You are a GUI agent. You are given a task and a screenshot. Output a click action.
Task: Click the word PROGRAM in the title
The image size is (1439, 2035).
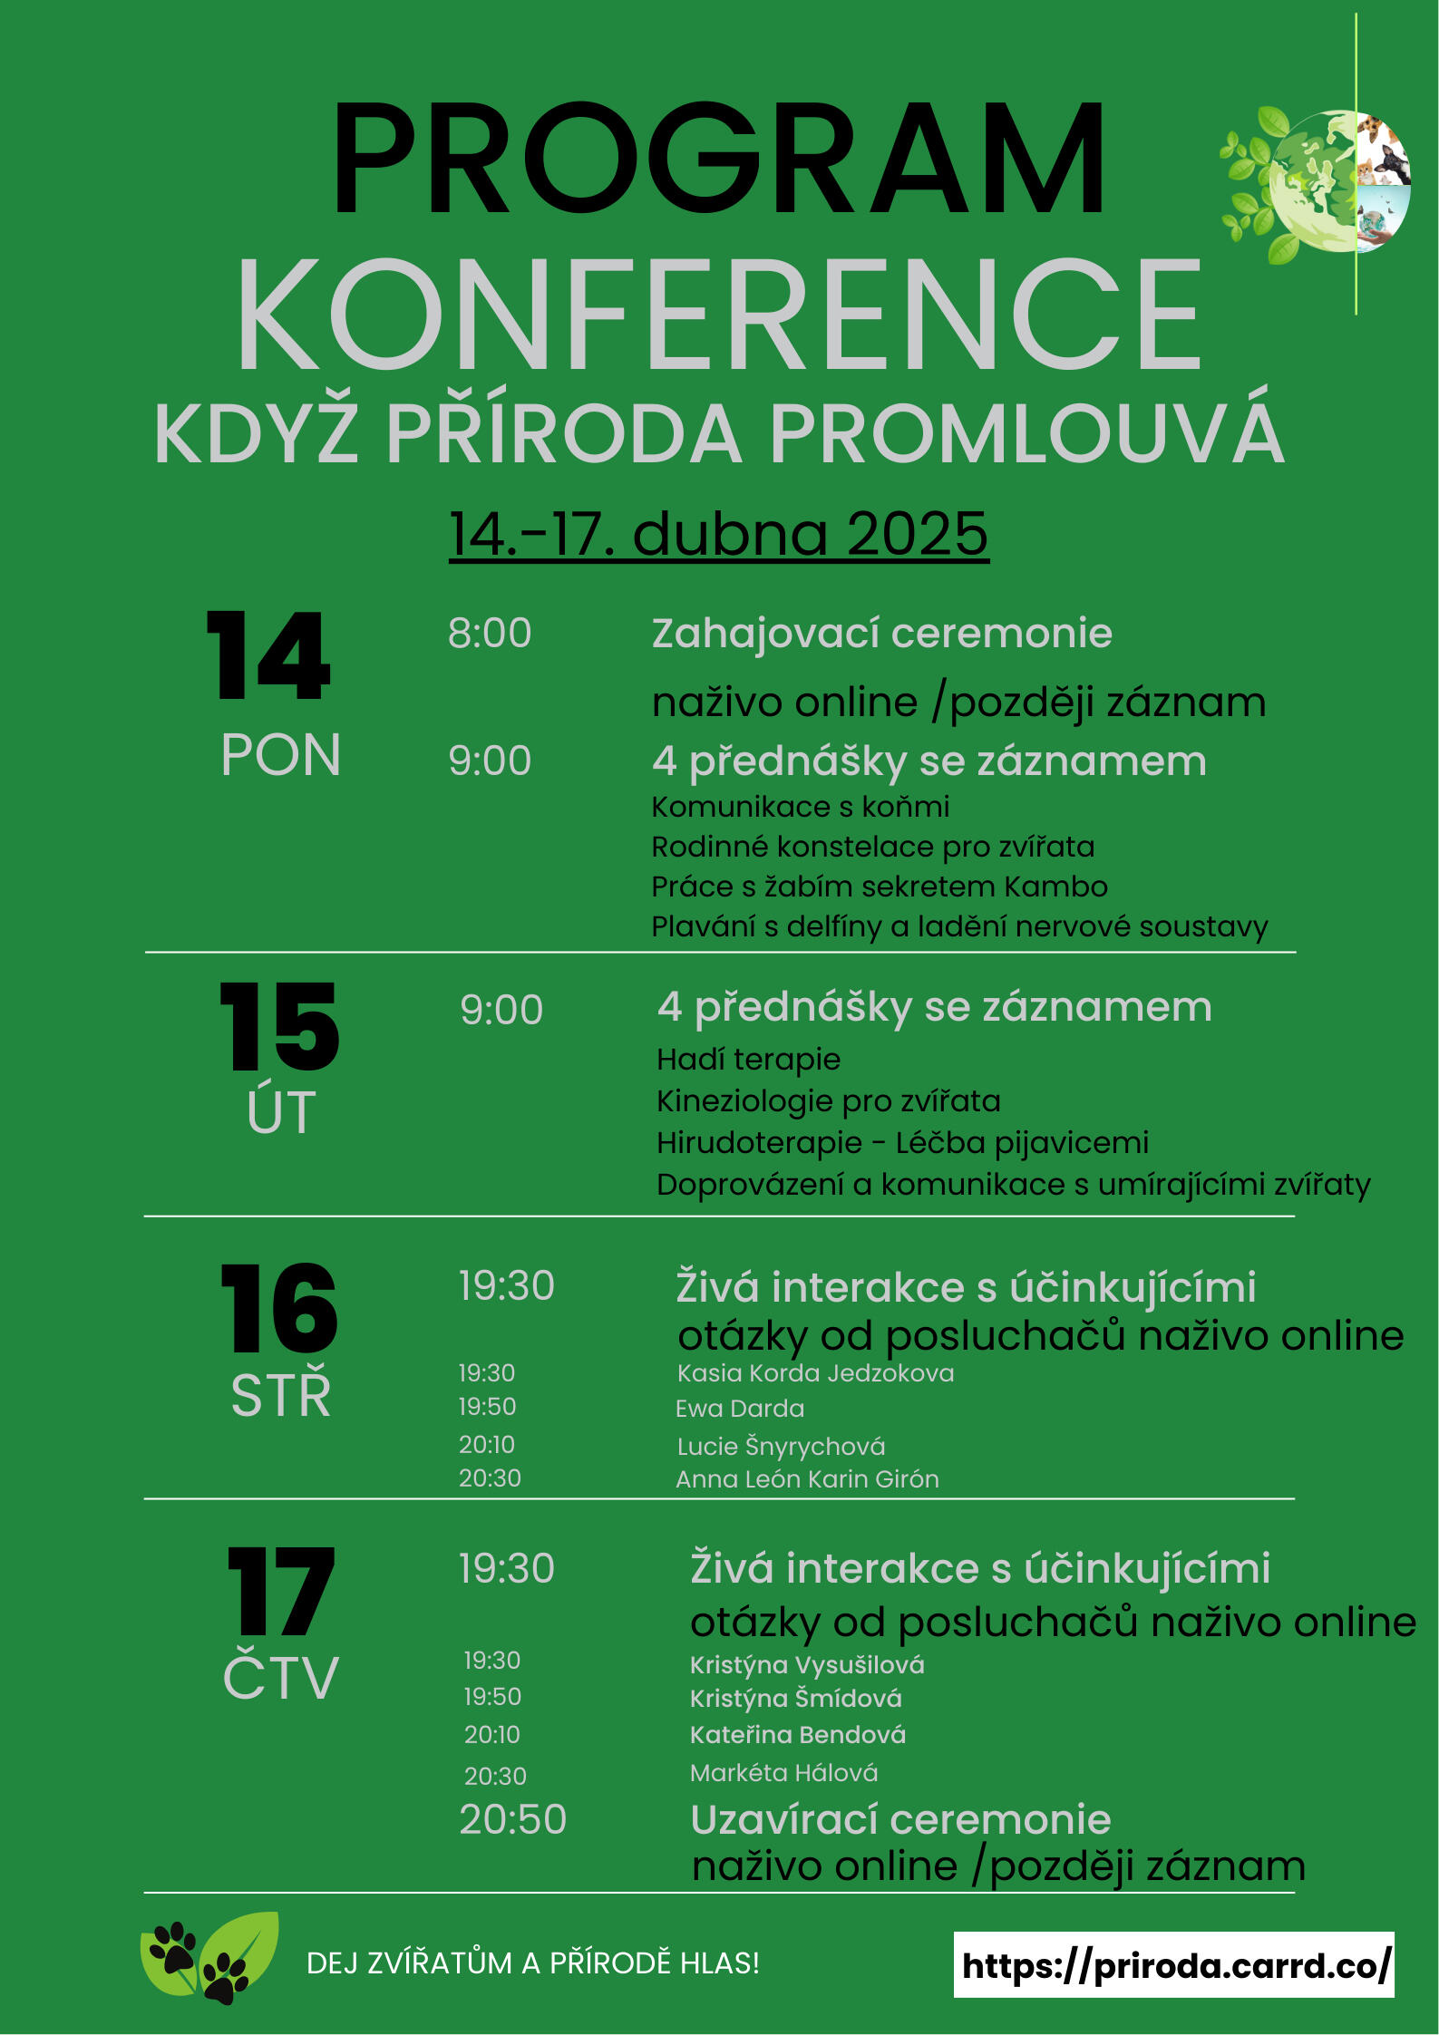[718, 160]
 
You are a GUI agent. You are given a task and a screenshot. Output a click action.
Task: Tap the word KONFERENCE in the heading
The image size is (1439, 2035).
[718, 315]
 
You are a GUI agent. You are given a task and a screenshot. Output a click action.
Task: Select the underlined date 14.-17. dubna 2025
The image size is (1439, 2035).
[718, 534]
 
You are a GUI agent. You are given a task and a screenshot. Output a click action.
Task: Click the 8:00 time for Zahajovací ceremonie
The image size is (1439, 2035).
[490, 634]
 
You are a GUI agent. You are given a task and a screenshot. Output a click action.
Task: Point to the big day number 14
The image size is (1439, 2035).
[269, 656]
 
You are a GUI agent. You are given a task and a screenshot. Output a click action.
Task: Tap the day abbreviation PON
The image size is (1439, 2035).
[280, 755]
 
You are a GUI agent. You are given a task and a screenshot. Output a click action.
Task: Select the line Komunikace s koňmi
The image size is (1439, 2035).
[800, 807]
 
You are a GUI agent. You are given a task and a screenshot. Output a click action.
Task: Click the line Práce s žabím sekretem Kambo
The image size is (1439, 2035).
[879, 887]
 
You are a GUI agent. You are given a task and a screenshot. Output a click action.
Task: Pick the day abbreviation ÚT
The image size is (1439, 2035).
[281, 1112]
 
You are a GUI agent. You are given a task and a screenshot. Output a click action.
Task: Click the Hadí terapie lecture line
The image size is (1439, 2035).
[748, 1059]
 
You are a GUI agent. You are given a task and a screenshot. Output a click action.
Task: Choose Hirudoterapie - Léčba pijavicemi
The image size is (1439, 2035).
[902, 1142]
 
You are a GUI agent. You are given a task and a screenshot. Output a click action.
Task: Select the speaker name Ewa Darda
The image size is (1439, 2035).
[740, 1409]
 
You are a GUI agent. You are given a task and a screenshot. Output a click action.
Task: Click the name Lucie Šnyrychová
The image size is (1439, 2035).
[781, 1446]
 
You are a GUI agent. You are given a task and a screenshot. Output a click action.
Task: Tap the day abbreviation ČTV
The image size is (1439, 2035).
[280, 1678]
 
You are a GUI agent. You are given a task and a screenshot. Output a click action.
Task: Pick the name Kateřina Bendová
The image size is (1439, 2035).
[797, 1735]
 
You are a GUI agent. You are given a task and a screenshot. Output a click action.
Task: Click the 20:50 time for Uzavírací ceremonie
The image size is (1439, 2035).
[512, 1819]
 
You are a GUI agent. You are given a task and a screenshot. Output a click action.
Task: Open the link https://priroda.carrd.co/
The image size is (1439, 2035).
[1174, 1965]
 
